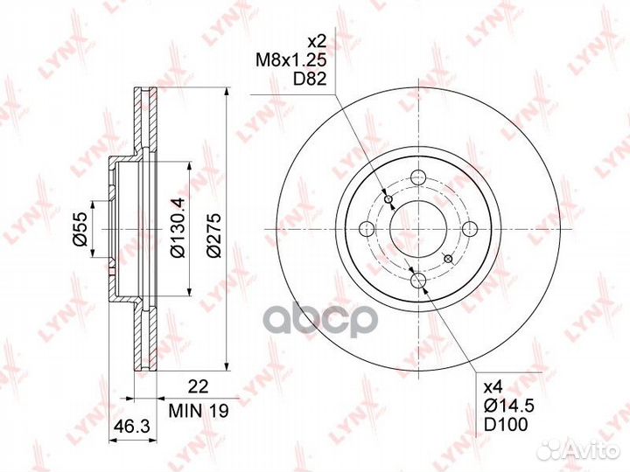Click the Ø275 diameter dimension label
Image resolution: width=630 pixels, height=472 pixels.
point(214,235)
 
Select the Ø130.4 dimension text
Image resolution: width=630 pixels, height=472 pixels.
point(178,227)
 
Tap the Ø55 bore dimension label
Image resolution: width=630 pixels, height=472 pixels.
point(79,229)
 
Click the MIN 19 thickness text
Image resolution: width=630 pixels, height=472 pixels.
point(199,410)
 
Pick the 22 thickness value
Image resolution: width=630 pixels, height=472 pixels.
point(199,386)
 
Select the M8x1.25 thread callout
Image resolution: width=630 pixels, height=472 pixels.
point(291,60)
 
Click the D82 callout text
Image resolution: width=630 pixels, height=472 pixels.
point(309,80)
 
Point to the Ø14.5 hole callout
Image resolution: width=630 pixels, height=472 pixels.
point(509,406)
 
